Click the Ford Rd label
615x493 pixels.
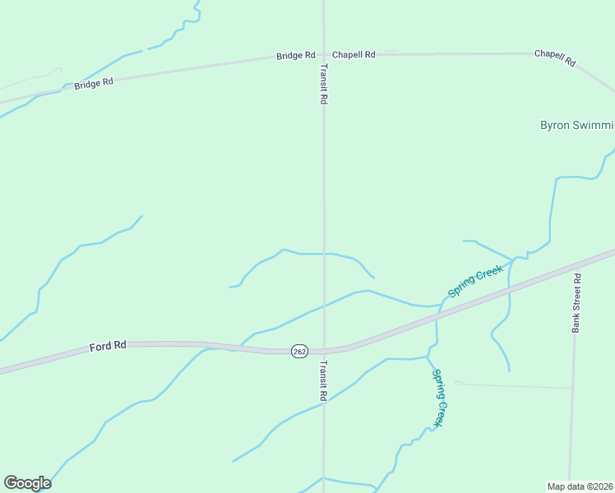(108, 347)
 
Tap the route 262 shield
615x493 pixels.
(299, 351)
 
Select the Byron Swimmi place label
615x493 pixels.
(576, 126)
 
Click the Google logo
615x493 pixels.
(27, 482)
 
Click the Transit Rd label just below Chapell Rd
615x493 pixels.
(324, 83)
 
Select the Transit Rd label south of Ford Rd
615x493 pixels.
(324, 380)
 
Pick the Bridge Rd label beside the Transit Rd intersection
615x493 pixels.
(295, 55)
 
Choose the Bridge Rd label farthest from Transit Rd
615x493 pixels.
(93, 84)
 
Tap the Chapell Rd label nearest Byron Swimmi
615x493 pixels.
(556, 58)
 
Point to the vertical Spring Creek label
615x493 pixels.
(442, 398)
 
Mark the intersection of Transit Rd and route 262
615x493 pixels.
(324, 352)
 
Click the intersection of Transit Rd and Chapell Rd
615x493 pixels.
(324, 54)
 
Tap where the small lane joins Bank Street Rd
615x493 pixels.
(571, 388)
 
